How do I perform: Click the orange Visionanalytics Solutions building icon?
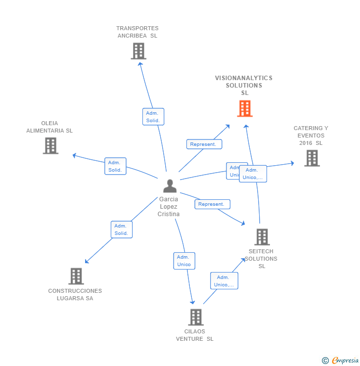pos(245,108)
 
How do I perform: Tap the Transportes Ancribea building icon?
pos(138,51)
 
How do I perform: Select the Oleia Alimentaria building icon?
pos(50,145)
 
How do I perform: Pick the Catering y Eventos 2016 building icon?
pos(312,158)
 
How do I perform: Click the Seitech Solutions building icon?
pos(262,237)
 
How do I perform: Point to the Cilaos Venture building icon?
pos(196,317)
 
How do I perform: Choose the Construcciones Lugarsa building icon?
pos(76,276)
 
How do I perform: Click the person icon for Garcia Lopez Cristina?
pos(170,186)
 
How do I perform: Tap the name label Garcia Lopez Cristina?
pos(169,207)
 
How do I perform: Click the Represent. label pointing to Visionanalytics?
pos(204,144)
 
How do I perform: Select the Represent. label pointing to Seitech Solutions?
pos(212,204)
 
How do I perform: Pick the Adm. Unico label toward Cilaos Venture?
pos(184,261)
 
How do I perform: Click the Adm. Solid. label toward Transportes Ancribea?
pos(153,117)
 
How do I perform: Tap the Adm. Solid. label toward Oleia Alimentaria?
pos(115,166)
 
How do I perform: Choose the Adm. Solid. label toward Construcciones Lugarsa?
pos(122,229)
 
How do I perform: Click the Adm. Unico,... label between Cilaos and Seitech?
pos(224,281)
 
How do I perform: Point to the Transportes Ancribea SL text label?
pos(137,32)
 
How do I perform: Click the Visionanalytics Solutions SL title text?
pos(244,85)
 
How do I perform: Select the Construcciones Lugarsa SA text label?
pos(75,294)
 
